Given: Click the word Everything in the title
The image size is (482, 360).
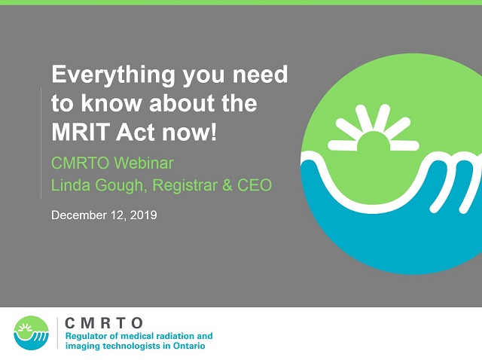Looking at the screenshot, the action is pos(114,75).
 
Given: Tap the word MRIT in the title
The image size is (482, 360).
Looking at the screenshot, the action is pos(81,132).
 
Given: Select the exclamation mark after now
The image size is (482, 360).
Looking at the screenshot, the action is pos(214,132).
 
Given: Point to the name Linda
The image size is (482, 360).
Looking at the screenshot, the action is pos(70,185).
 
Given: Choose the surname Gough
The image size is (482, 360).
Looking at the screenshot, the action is pos(120,186).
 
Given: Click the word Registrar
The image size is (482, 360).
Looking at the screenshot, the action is pos(185,186).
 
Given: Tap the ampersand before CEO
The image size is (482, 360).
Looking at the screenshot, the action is pos(227,185).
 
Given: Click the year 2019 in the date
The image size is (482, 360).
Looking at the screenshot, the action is pos(143,215).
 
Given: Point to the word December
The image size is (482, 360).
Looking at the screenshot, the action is pos(79,215).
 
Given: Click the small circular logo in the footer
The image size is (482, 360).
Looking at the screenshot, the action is pos(32,333).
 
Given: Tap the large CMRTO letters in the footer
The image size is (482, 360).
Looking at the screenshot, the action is pos(104,323).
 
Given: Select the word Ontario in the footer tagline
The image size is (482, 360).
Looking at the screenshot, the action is pos(189,346).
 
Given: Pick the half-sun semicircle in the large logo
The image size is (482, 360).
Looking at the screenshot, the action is pos(374,141).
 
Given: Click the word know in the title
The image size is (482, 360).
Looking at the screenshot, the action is pos(111,103).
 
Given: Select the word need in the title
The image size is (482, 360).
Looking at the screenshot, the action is pos(260,75).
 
